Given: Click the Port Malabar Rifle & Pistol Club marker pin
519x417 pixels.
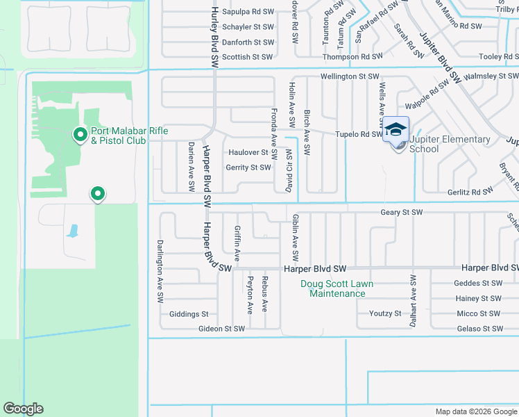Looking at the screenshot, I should tap(80, 133).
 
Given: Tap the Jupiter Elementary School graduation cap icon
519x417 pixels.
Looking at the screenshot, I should tap(395, 129).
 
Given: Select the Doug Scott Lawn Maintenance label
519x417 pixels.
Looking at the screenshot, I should tap(337, 288).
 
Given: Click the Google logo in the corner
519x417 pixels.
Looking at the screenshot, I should tap(23, 409).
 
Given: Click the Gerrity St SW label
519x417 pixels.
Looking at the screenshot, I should tap(248, 167).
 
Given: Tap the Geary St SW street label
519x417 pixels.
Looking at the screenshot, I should tap(401, 212).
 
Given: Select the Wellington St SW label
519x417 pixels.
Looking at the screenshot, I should tap(350, 76).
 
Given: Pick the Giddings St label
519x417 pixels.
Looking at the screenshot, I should tap(183, 314).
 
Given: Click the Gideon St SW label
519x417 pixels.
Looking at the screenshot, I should tap(221, 329).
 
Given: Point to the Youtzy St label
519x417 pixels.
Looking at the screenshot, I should tap(385, 313).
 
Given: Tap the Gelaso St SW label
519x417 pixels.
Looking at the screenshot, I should tap(479, 329).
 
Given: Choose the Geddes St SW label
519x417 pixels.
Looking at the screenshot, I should tap(477, 283).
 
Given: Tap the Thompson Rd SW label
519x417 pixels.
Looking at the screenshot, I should tap(352, 57).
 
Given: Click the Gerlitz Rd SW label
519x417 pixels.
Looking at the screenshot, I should tap(470, 191).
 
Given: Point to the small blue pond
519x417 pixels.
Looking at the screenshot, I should tap(72, 231).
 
